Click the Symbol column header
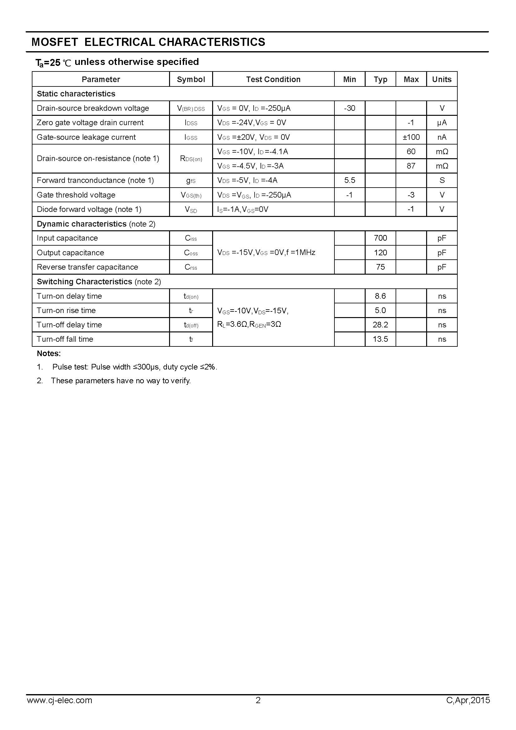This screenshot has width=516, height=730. point(191,79)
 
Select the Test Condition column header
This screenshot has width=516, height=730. point(273,79)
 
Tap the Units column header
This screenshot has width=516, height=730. point(442,79)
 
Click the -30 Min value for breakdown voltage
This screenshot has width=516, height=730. point(349,108)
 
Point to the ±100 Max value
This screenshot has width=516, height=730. point(411,137)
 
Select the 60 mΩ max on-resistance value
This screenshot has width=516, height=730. point(411,151)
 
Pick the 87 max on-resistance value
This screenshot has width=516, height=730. point(411,166)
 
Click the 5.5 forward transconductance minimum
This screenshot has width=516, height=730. point(349,180)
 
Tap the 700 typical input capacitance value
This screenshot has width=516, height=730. point(380,238)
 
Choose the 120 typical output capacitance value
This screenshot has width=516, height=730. point(380,252)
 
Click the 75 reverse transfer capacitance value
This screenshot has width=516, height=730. point(380,267)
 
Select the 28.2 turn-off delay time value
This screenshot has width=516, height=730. point(380,325)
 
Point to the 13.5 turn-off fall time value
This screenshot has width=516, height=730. point(380,339)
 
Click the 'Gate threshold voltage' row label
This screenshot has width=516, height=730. point(76,195)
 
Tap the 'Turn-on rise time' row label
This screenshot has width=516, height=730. point(66,310)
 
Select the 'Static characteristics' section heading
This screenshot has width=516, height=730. point(76,94)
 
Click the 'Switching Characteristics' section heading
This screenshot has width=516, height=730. point(85,282)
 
